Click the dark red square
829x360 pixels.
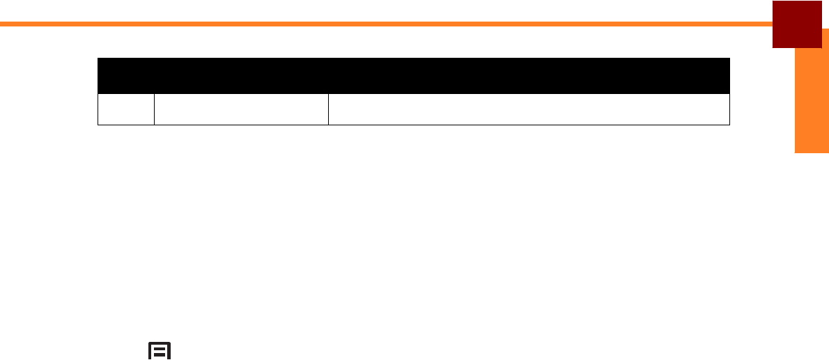coord(797,24)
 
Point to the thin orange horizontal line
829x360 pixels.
coord(383,24)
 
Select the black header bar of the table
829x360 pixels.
coord(413,75)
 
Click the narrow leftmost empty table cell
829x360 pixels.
coord(126,109)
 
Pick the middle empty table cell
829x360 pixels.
coord(241,109)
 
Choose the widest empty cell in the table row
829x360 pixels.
coord(529,109)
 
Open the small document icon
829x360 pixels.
coord(160,351)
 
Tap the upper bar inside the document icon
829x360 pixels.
coord(160,347)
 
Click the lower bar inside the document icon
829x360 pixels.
coord(160,354)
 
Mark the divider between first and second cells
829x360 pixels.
coord(154,109)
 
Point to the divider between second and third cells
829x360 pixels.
coord(328,109)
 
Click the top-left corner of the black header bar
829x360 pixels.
coord(98,58)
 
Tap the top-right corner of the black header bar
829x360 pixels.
coord(729,58)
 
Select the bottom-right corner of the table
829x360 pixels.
coord(729,125)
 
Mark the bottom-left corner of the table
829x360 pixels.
coord(98,125)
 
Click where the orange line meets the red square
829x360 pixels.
coord(773,24)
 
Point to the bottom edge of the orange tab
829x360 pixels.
coord(812,151)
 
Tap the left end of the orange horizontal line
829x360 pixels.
coord(2,24)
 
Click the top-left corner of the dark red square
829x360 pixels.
coord(773,1)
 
